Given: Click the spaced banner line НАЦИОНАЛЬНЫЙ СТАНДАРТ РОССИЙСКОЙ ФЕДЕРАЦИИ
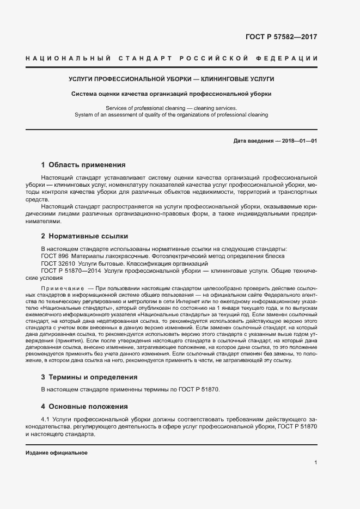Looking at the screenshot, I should pyautogui.click(x=172, y=58).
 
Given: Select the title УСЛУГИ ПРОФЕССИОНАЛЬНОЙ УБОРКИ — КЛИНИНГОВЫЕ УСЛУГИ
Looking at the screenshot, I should pyautogui.click(x=172, y=79).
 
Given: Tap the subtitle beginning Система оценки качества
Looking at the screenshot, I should pyautogui.click(x=172, y=94).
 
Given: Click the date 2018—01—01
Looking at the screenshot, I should pyautogui.click(x=300, y=141).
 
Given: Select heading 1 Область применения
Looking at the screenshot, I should pyautogui.click(x=83, y=164).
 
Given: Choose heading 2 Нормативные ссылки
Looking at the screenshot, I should pyautogui.click(x=84, y=236).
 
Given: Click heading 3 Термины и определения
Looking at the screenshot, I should pyautogui.click(x=89, y=377).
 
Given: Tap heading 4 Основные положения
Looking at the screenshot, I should pyautogui.click(x=84, y=406).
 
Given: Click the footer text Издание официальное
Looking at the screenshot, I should pyautogui.click(x=57, y=453).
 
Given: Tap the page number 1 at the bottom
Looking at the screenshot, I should pyautogui.click(x=316, y=463).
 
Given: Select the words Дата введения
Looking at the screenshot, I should pyautogui.click(x=253, y=141).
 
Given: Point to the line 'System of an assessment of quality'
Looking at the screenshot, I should pyautogui.click(x=172, y=115).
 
